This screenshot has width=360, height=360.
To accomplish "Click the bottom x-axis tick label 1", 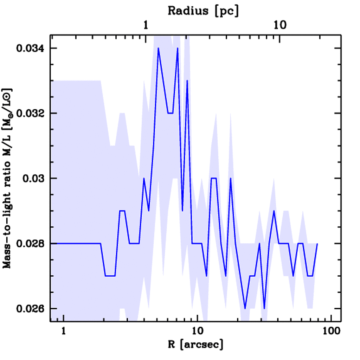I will [64, 331].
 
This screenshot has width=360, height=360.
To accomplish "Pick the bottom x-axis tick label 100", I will [332, 331].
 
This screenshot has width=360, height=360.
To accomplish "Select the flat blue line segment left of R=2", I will [76, 243].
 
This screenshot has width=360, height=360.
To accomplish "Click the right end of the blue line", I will [317, 243].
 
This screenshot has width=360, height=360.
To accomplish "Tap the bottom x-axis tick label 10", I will [198, 331].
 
